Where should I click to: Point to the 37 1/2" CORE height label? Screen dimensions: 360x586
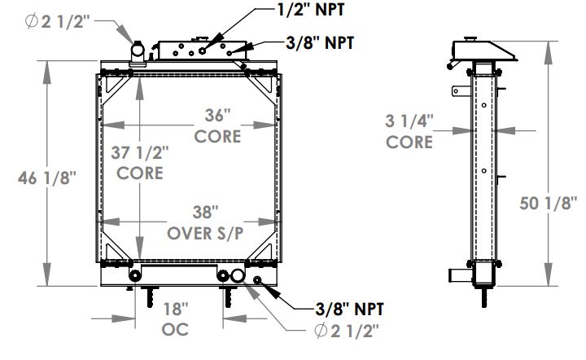point(139,162)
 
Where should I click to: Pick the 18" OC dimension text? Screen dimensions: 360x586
point(175,318)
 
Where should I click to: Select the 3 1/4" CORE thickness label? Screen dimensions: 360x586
point(409,132)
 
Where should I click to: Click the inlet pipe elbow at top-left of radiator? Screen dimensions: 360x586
point(136,54)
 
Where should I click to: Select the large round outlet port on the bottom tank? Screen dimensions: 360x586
point(238,277)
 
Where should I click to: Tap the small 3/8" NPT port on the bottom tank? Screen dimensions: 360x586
point(257,281)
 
